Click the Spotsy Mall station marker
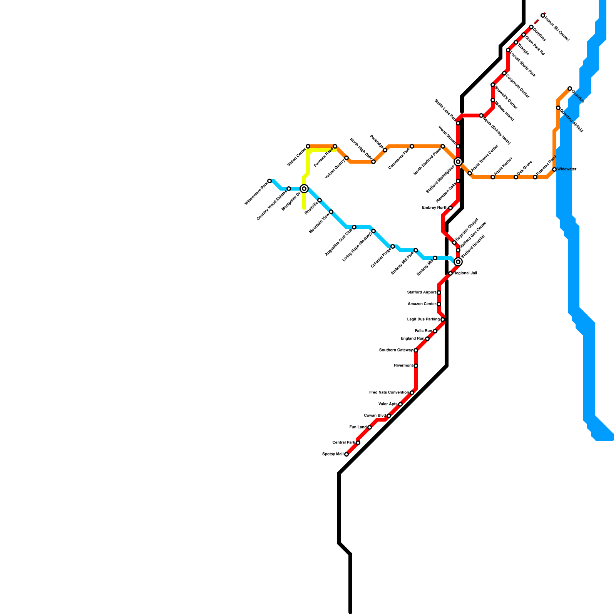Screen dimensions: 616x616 (x=346, y=454)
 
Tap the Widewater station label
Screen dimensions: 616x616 (x=567, y=169)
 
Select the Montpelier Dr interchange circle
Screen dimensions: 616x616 (x=304, y=189)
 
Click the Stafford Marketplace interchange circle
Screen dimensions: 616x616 (x=458, y=162)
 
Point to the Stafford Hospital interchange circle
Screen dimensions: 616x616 (x=458, y=262)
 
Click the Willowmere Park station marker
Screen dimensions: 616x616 (x=269, y=181)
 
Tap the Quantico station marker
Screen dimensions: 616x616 (x=570, y=89)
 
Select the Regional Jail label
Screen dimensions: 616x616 (x=465, y=273)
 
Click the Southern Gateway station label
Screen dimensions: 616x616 (x=396, y=350)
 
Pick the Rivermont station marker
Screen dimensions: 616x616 (x=416, y=366)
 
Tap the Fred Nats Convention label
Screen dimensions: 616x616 (x=389, y=393)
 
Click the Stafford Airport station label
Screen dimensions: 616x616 (x=422, y=293)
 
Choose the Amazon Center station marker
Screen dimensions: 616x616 (x=439, y=304)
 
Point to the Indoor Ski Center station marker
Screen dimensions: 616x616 (x=543, y=15)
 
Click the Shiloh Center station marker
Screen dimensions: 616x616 (x=308, y=146)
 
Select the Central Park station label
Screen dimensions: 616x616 (x=344, y=443)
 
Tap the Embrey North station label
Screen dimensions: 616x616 (x=435, y=208)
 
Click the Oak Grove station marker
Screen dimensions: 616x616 (x=516, y=177)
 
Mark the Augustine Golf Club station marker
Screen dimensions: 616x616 (x=354, y=227)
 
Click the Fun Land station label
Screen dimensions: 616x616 (x=358, y=427)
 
